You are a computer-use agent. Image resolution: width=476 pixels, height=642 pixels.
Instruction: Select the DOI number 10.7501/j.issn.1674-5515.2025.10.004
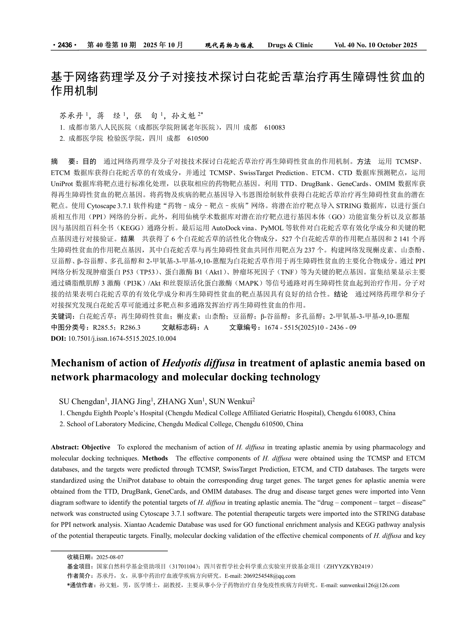122,338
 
